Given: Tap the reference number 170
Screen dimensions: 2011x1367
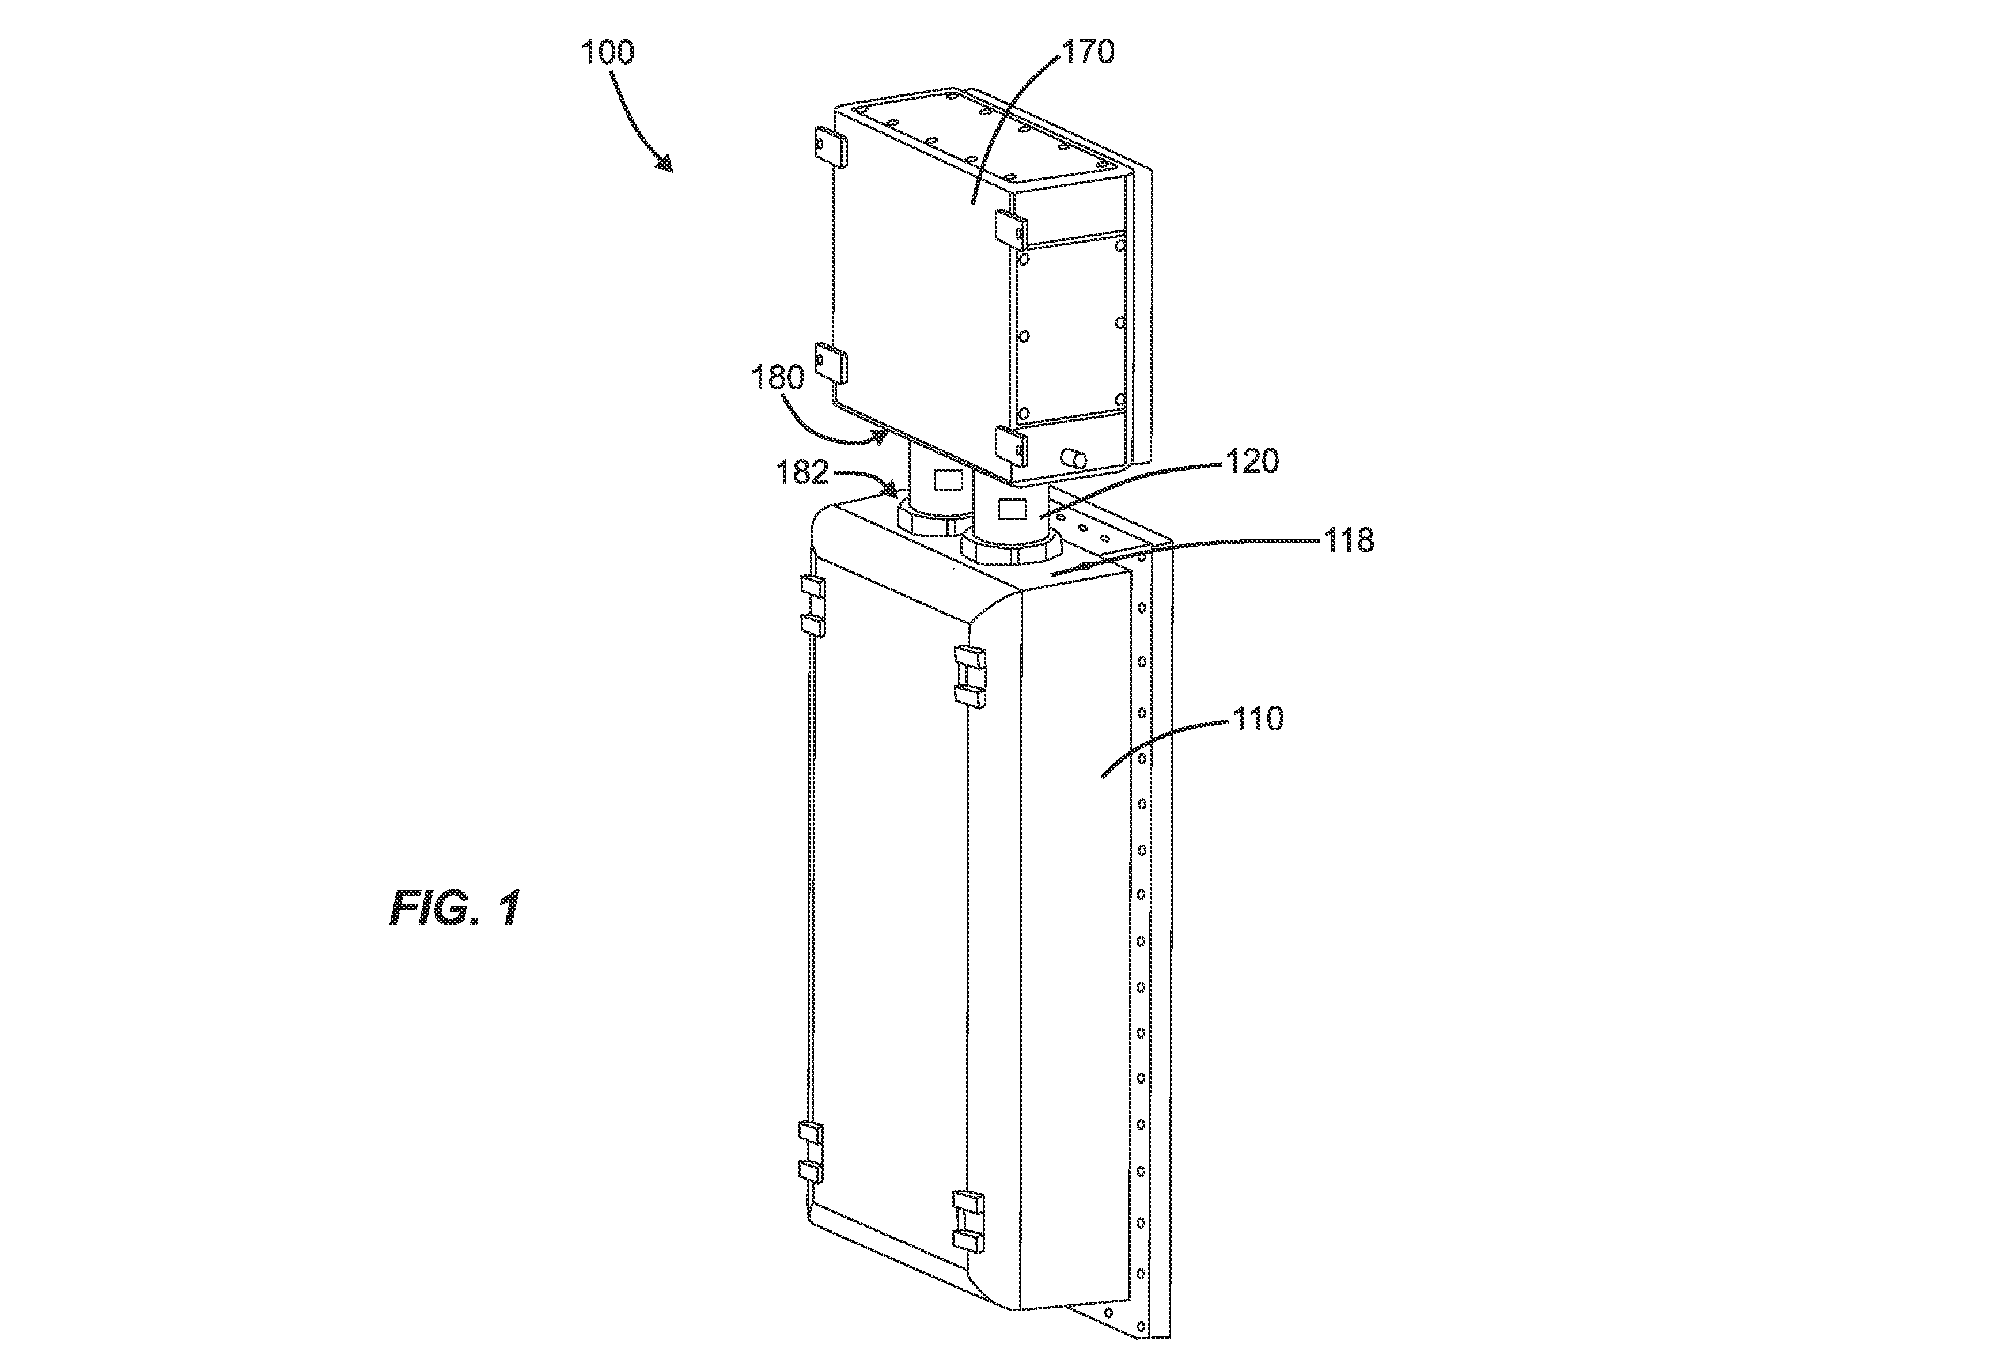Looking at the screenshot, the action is point(1089,52).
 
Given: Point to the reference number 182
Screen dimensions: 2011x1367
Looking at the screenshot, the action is point(801,472).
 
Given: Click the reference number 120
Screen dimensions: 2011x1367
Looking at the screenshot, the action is point(1251,462).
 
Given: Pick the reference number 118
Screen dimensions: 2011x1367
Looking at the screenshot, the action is point(1348,542).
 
